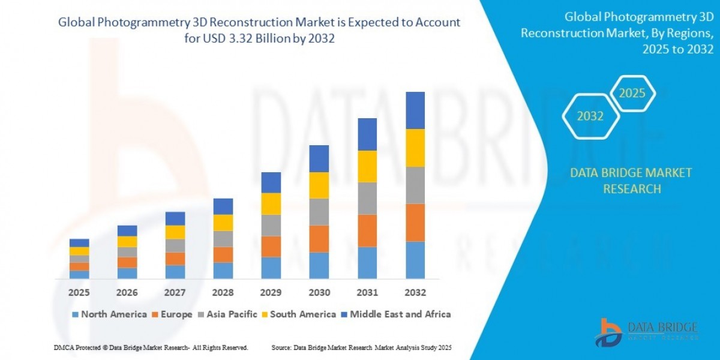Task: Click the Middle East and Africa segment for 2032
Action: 415,110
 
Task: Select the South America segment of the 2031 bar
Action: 367,166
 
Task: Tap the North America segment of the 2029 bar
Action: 271,268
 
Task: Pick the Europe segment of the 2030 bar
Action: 319,239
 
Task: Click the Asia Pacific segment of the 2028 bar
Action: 223,239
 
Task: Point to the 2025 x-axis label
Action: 79,293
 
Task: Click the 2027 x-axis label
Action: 175,293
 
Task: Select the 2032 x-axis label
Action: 415,293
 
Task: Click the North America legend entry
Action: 109,314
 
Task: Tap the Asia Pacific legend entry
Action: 230,314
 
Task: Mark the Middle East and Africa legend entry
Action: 396,314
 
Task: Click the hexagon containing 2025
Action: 632,94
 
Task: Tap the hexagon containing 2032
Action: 590,116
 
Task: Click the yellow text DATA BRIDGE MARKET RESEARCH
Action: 631,181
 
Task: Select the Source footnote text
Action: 361,347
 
